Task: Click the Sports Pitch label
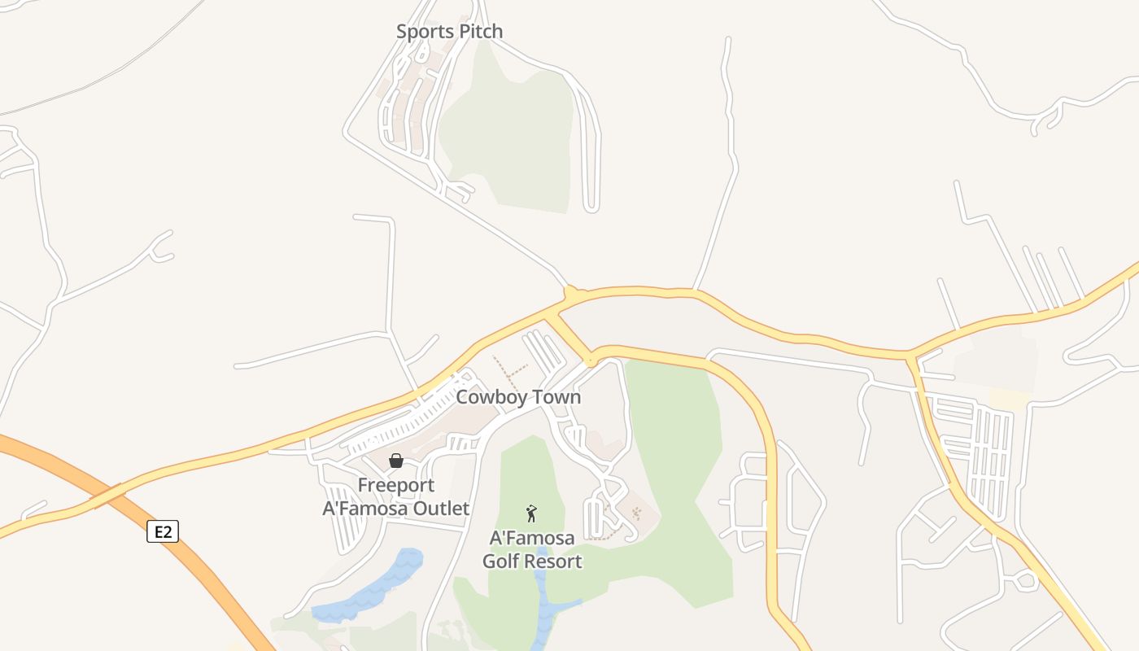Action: [x=449, y=32]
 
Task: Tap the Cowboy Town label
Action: [x=518, y=397]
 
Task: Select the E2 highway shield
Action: [x=163, y=532]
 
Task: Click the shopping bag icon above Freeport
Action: [x=396, y=461]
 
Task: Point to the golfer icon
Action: [x=532, y=513]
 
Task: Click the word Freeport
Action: [x=396, y=486]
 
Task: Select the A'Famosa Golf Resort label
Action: [x=532, y=549]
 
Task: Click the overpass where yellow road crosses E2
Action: [x=108, y=495]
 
